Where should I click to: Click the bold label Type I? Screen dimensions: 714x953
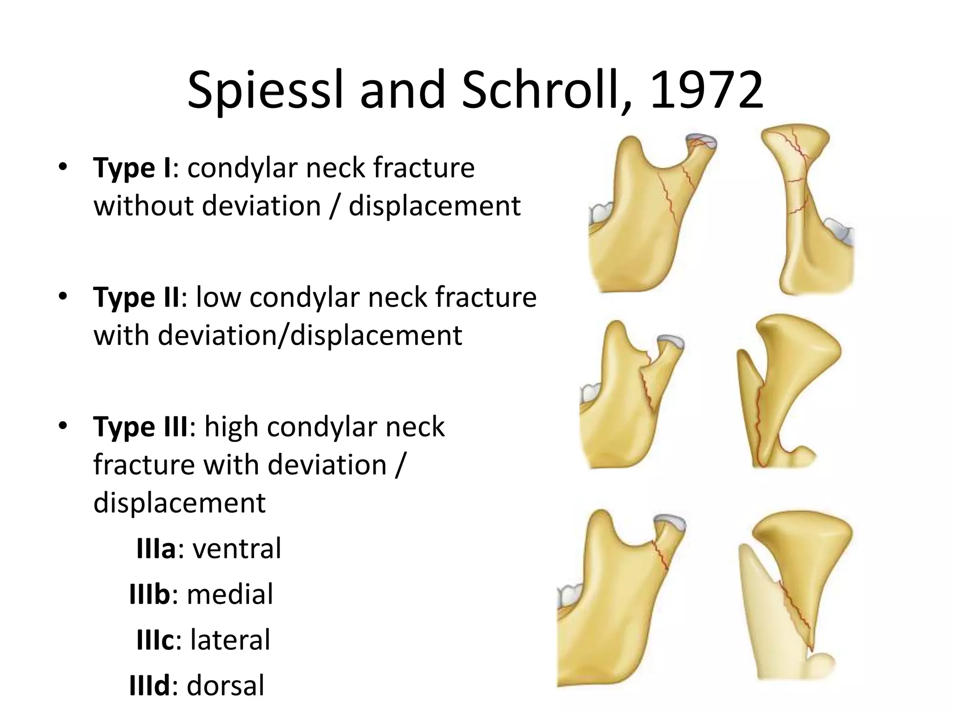pos(133,168)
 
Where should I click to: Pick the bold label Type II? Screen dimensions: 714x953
pos(136,297)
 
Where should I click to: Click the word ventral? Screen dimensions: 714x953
pos(237,549)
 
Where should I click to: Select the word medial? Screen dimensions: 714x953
pos(230,595)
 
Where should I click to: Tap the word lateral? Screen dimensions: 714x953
pos(230,640)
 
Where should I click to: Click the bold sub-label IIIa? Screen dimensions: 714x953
pos(156,549)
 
